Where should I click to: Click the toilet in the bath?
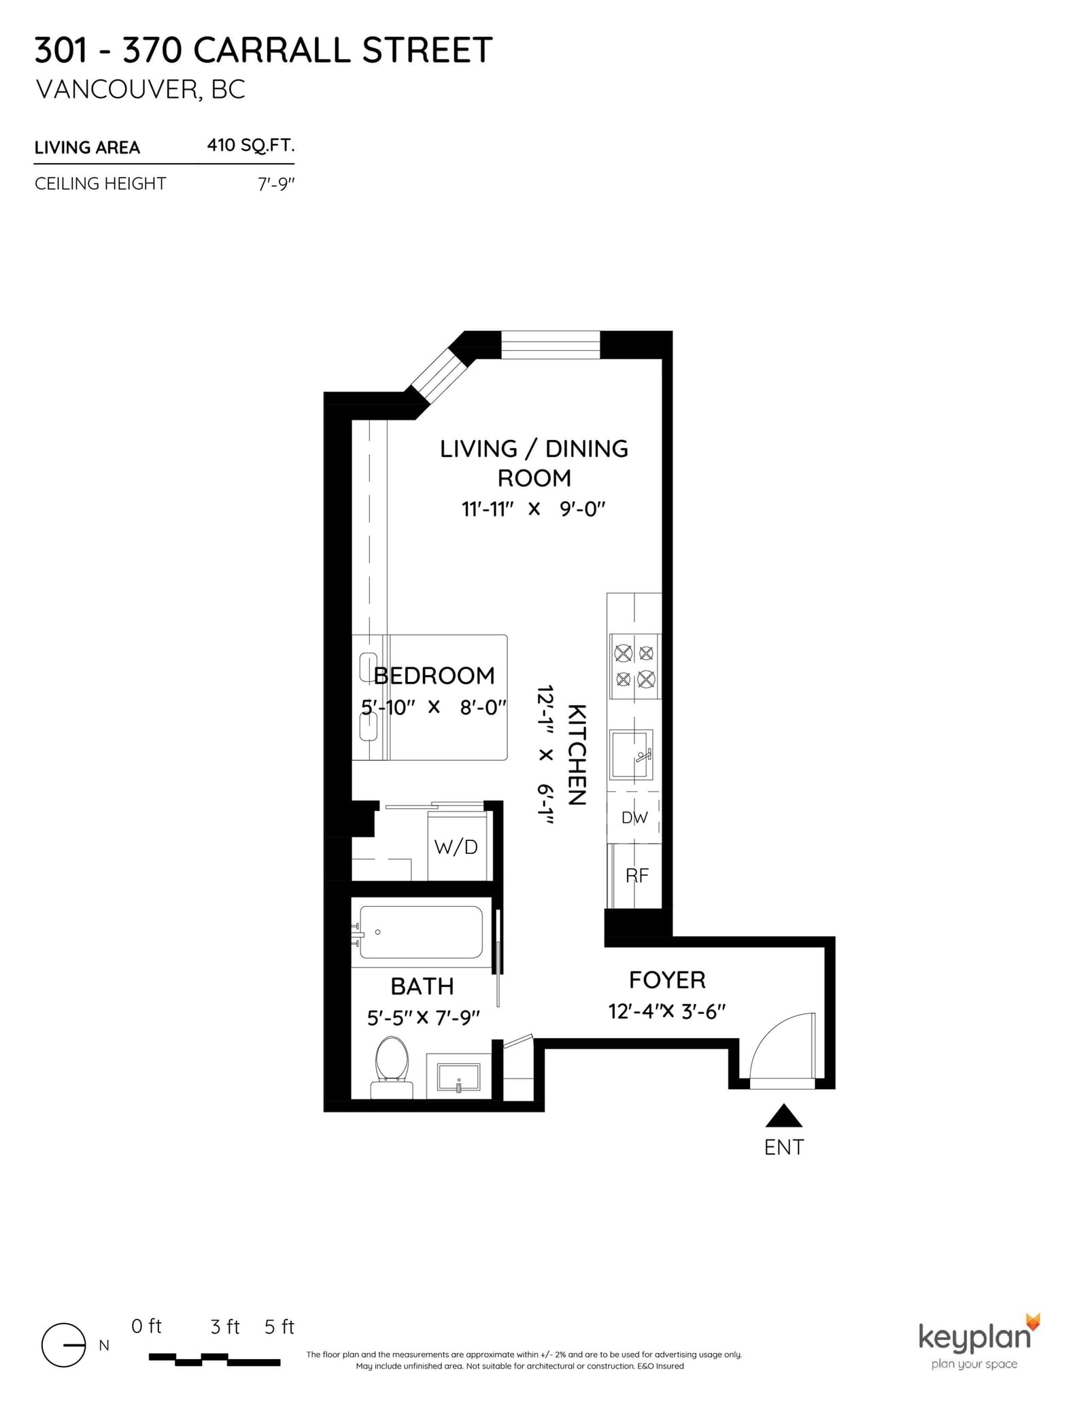click(392, 1066)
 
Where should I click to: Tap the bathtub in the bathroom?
click(421, 932)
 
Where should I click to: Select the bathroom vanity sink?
click(458, 1077)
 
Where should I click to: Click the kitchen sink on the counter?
click(631, 754)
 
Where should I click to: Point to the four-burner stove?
click(634, 666)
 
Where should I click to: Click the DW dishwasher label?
click(634, 818)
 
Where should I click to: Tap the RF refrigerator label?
click(636, 876)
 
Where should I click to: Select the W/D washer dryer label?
click(456, 846)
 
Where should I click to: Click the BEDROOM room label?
click(434, 676)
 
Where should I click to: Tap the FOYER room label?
click(667, 980)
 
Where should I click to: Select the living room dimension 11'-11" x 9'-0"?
click(533, 509)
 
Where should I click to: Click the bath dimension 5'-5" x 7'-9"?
click(423, 1018)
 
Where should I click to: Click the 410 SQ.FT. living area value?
click(250, 145)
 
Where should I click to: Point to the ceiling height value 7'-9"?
click(276, 184)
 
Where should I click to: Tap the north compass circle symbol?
click(63, 1345)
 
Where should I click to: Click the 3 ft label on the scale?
click(225, 1326)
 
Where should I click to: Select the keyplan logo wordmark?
click(974, 1337)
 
